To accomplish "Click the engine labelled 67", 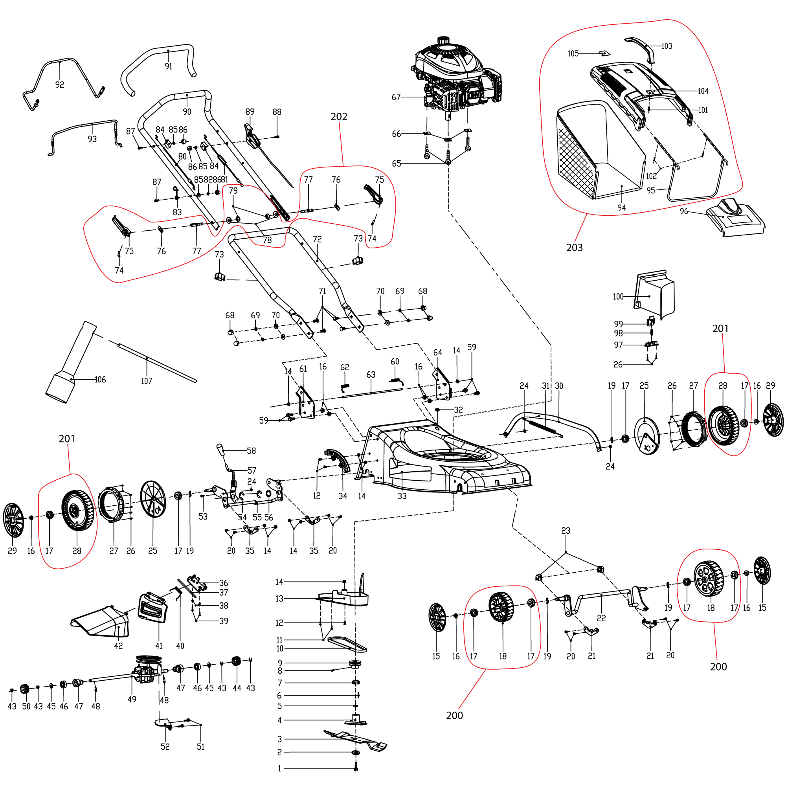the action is coord(458,79).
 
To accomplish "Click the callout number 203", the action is coord(575,247).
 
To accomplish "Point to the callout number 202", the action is coord(339,117).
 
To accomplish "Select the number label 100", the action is coord(618,297).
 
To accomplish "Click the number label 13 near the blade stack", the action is coord(279,599).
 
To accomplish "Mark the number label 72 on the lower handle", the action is coord(317,239).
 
